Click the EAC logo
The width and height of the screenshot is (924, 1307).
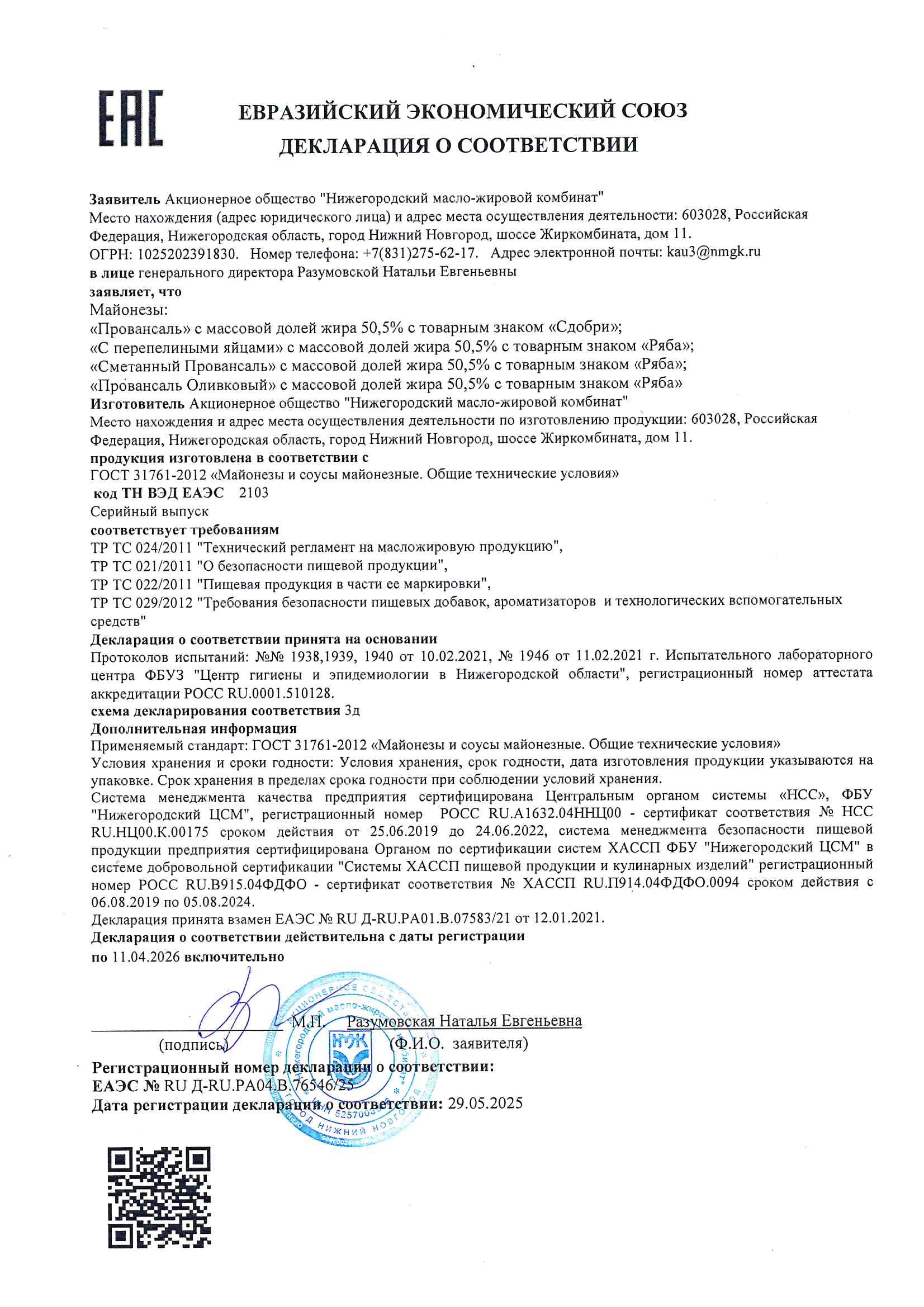pos(131,118)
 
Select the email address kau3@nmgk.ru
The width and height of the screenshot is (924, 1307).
pos(713,252)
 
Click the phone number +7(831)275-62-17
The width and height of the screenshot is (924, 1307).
pos(420,253)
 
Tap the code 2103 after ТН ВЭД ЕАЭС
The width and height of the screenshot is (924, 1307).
pos(253,493)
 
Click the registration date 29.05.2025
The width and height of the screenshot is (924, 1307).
pos(485,1103)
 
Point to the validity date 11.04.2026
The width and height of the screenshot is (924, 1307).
pos(146,957)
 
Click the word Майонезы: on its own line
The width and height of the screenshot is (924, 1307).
pos(129,310)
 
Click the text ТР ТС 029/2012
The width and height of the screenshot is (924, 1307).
pos(142,602)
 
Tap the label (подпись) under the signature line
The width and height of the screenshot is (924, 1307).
pos(193,1044)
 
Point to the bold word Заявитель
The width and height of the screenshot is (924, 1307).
pos(125,198)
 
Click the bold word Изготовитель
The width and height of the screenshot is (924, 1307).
pos(137,404)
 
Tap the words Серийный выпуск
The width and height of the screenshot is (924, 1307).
pos(149,512)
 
